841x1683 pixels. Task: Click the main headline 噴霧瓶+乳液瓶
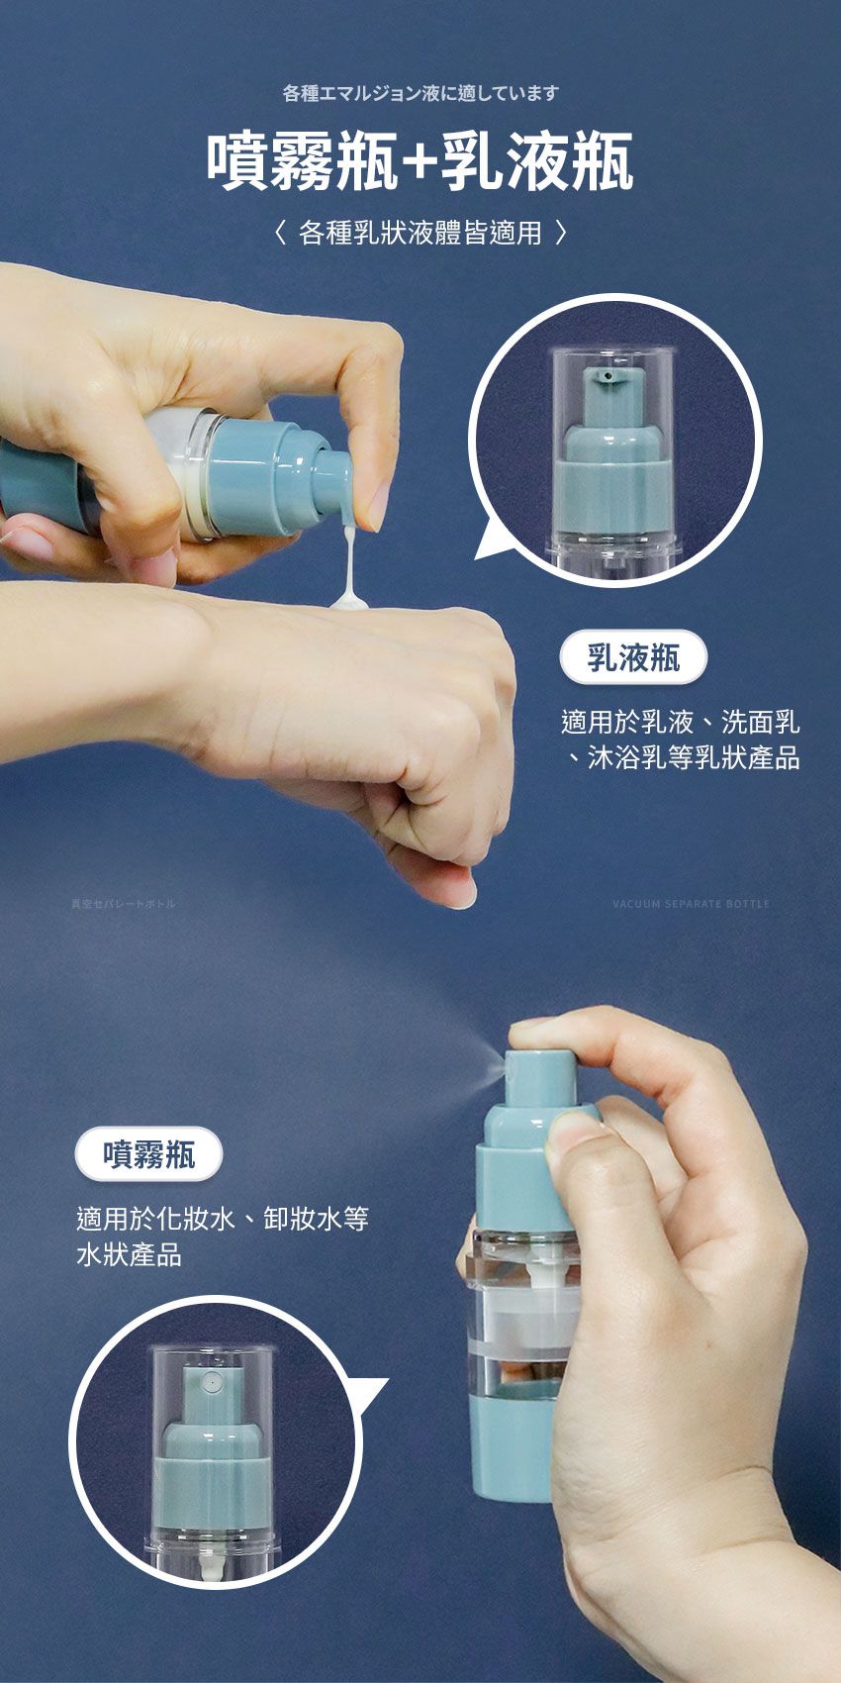pyautogui.click(x=420, y=162)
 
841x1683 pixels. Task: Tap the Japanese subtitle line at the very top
pyautogui.click(x=420, y=93)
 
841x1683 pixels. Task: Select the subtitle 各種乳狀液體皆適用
pyautogui.click(x=420, y=234)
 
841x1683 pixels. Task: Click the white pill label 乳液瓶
pyautogui.click(x=633, y=657)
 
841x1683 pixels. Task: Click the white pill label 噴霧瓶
pyautogui.click(x=149, y=1154)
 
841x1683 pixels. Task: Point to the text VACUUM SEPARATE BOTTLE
pyautogui.click(x=691, y=904)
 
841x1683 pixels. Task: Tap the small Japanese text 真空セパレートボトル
pyautogui.click(x=123, y=904)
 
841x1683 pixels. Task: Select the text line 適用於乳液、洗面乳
pyautogui.click(x=680, y=722)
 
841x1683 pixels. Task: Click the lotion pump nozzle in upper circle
pyautogui.click(x=603, y=376)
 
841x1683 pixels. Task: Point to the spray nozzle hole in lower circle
pyautogui.click(x=211, y=1378)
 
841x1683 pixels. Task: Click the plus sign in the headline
pyautogui.click(x=420, y=164)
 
